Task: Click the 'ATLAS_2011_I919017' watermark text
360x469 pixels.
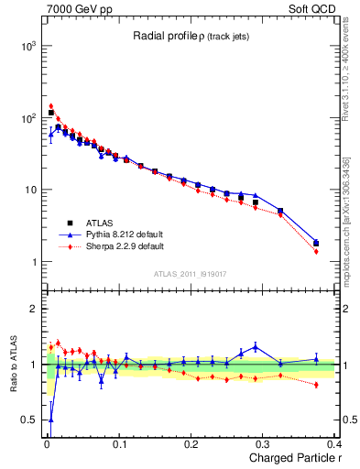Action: tap(190, 273)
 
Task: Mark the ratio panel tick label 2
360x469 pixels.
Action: tap(33, 309)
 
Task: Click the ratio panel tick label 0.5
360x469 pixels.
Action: tap(28, 420)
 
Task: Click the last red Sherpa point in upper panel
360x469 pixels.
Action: tap(316, 251)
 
